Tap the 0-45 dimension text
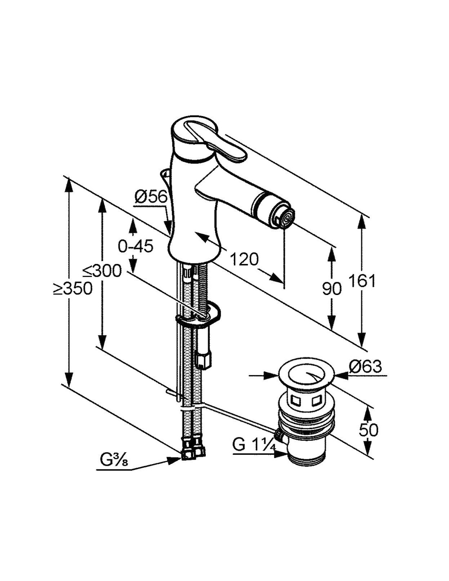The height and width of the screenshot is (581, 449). pos(135,246)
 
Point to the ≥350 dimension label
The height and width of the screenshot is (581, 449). pos(72,289)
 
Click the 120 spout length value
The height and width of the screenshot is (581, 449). pos(244,259)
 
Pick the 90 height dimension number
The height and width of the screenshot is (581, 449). pos(331,289)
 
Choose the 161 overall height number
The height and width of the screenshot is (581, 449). pos(361,281)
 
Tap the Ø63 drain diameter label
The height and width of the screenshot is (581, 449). pos(365,366)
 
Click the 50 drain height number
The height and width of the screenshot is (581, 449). pos(368,429)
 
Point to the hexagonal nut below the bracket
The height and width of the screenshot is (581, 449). pos(203,360)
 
